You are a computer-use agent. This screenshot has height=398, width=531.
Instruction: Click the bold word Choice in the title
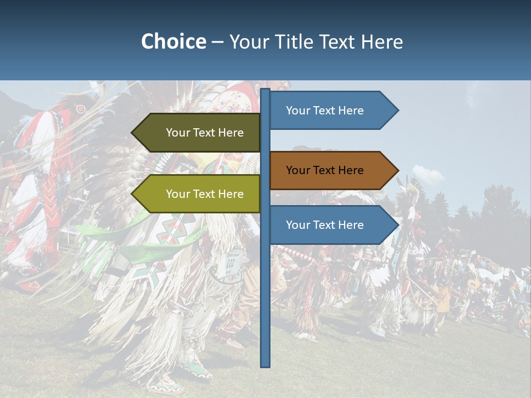click(173, 41)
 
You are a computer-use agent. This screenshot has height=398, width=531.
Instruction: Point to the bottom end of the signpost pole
click(265, 364)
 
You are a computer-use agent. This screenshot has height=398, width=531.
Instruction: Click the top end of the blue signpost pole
click(265, 91)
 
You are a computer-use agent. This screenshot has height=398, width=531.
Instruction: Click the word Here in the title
click(382, 41)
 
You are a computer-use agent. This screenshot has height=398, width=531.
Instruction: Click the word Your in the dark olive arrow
click(178, 133)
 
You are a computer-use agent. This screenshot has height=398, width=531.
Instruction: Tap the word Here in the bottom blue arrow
click(350, 225)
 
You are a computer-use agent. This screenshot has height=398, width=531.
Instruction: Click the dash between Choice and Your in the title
click(217, 42)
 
